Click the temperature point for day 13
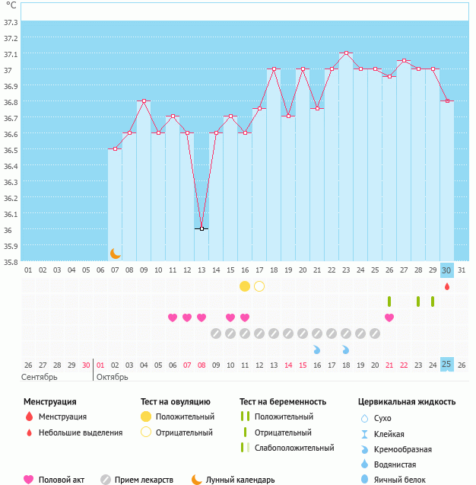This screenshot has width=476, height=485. pyautogui.click(x=202, y=228)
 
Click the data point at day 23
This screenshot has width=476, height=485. pyautogui.click(x=346, y=53)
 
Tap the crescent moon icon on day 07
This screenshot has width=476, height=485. pyautogui.click(x=116, y=253)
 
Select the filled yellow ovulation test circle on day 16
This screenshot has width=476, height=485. pyautogui.click(x=245, y=286)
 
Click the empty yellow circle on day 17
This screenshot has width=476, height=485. pyautogui.click(x=259, y=286)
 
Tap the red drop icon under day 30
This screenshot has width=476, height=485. pyautogui.click(x=447, y=286)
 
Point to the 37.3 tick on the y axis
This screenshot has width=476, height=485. pyautogui.click(x=11, y=21)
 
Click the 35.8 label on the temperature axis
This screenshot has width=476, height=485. pyautogui.click(x=11, y=262)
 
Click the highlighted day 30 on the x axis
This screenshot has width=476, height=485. pyautogui.click(x=447, y=270)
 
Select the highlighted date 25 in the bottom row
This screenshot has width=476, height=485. pyautogui.click(x=447, y=365)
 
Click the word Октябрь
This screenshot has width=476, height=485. pyautogui.click(x=112, y=377)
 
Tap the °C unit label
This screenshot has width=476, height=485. pyautogui.click(x=11, y=5)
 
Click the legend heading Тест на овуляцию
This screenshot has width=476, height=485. pyautogui.click(x=175, y=401)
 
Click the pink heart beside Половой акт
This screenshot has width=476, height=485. pyautogui.click(x=29, y=480)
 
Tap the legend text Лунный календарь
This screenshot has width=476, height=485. pyautogui.click(x=240, y=480)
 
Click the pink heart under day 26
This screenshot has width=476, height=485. pyautogui.click(x=389, y=317)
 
